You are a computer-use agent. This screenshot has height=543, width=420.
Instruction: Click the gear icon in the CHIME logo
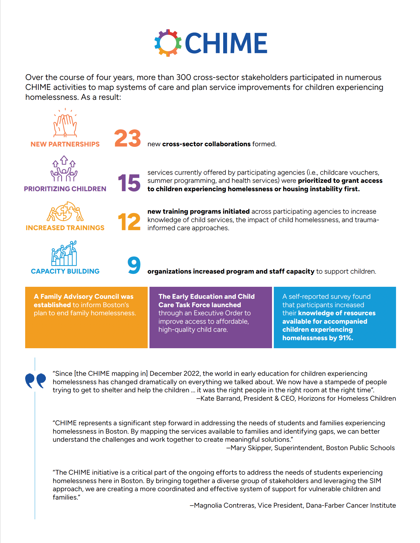tap(168, 43)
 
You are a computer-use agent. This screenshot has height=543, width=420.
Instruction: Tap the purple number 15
tap(129, 183)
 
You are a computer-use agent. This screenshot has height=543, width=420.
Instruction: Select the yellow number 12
tap(129, 222)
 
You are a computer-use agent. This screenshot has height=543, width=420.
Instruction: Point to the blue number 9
tap(134, 265)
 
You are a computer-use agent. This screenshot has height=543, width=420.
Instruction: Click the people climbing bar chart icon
tap(64, 254)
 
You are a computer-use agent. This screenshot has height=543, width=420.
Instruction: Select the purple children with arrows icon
tap(64, 169)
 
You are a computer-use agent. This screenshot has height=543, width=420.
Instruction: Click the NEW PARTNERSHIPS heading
tap(65, 144)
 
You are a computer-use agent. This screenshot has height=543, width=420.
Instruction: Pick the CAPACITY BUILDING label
tap(65, 271)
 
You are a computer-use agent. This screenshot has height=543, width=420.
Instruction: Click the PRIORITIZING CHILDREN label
tap(65, 189)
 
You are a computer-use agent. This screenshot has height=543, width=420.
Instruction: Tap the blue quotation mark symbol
tap(35, 381)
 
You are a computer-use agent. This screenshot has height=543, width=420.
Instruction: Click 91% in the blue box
tap(346, 338)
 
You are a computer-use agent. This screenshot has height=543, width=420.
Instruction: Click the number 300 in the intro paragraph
tap(184, 77)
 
